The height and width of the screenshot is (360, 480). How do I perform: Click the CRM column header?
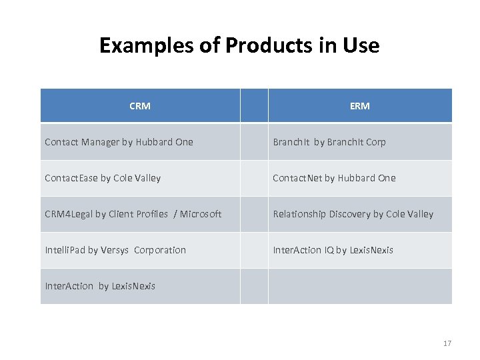click(140, 106)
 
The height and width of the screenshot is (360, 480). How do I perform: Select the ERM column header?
click(359, 106)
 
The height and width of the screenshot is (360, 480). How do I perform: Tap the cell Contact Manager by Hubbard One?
click(119, 142)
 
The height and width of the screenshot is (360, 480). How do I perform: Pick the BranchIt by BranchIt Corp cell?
click(329, 142)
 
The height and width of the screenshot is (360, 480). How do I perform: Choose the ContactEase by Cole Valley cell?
click(103, 178)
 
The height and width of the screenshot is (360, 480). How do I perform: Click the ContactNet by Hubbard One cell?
click(334, 178)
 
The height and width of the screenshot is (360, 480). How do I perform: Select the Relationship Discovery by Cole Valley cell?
click(353, 214)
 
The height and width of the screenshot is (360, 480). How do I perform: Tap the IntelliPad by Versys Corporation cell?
click(115, 250)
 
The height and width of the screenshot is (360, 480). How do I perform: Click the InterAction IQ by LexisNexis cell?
click(333, 250)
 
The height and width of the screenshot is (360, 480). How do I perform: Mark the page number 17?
click(447, 343)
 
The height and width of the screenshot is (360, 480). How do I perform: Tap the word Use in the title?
click(360, 45)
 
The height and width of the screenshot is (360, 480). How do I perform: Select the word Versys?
click(116, 250)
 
